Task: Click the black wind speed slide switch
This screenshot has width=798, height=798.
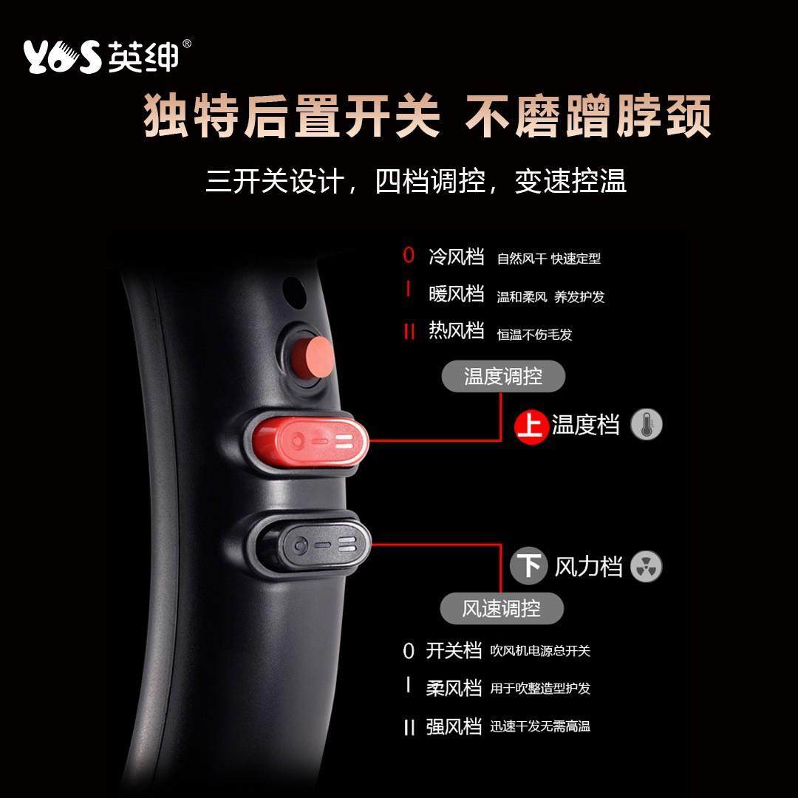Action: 310,548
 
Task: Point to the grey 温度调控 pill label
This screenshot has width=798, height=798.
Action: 503,377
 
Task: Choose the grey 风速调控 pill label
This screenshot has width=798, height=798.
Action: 502,609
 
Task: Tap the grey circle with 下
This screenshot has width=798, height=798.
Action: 529,567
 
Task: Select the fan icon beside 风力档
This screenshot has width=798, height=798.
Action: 647,567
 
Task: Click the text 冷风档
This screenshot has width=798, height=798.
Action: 456,257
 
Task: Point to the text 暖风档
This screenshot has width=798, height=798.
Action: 456,294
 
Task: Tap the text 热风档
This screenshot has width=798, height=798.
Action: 456,331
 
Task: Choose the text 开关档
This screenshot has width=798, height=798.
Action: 454,651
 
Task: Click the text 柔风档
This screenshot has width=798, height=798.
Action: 454,688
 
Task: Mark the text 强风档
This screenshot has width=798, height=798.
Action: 454,726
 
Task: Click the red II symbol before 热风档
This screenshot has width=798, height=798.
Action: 409,332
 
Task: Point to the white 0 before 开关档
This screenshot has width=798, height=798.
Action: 409,652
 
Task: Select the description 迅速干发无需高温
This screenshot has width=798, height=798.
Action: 540,727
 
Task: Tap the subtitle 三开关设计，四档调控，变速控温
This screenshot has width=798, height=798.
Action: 416,181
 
